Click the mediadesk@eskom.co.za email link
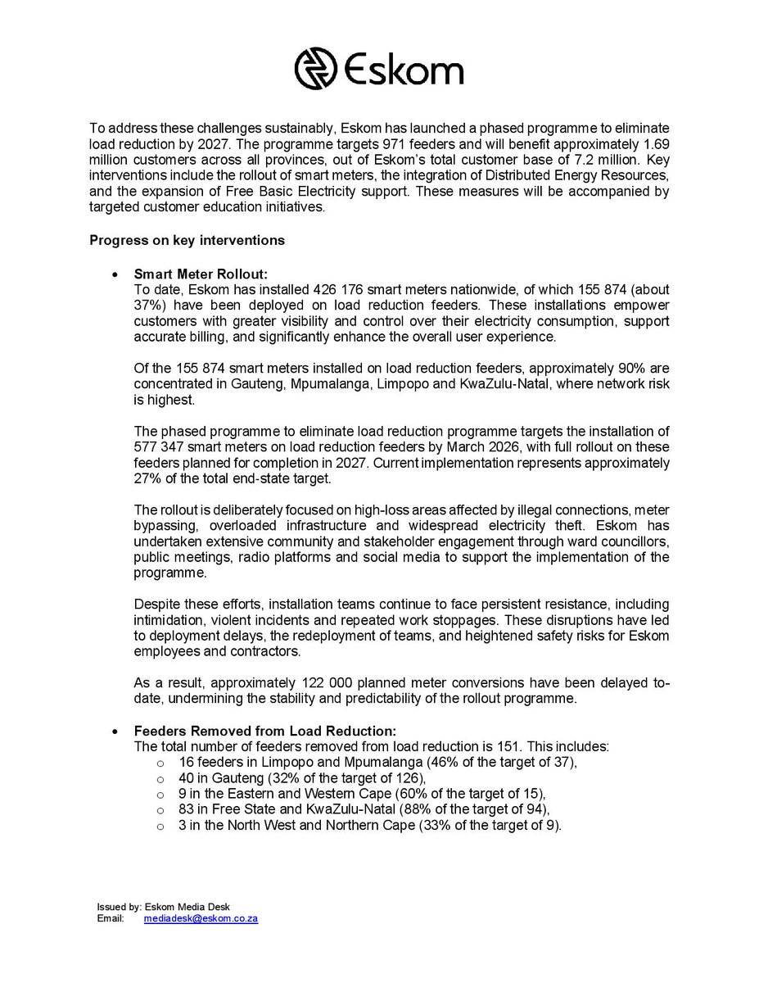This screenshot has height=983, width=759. [201, 919]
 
